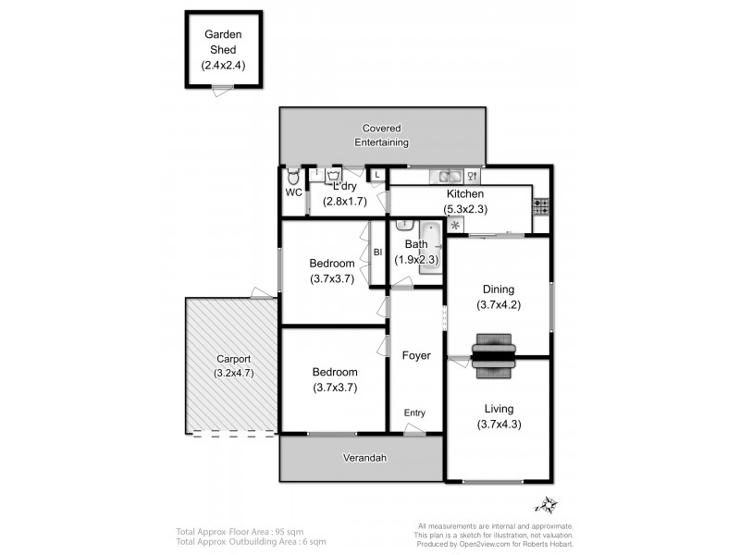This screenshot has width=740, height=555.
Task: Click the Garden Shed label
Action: pyautogui.click(x=223, y=42)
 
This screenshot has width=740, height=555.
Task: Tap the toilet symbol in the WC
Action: pyautogui.click(x=293, y=176)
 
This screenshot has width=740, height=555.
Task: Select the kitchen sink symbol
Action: pyautogui.click(x=450, y=176)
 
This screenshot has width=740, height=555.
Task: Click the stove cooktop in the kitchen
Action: pyautogui.click(x=541, y=207)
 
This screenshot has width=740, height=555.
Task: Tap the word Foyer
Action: pyautogui.click(x=415, y=355)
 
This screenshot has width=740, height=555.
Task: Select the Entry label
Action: pyautogui.click(x=414, y=413)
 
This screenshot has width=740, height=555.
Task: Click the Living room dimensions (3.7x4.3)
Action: pyautogui.click(x=499, y=425)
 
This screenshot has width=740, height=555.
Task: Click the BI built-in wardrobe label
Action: pyautogui.click(x=377, y=252)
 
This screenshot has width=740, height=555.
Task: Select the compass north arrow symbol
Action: pyautogui.click(x=547, y=505)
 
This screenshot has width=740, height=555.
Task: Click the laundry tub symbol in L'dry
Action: pyautogui.click(x=334, y=173)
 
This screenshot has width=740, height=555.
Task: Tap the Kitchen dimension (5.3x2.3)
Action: pyautogui.click(x=465, y=209)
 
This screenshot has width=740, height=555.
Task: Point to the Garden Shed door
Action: pyautogui.click(x=222, y=89)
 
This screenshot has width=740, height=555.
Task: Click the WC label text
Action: pyautogui.click(x=293, y=193)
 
